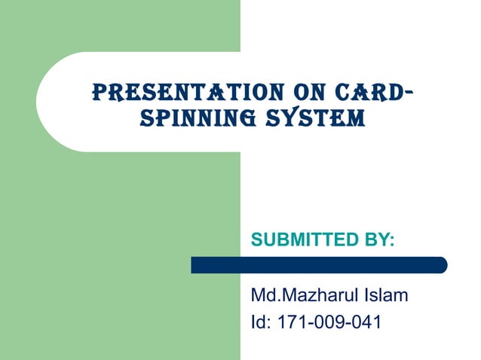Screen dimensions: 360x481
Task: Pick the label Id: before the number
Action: [261, 322]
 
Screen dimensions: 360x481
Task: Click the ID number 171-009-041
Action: [330, 322]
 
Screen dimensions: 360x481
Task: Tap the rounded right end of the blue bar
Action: [442, 265]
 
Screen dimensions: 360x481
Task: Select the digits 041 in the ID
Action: [366, 322]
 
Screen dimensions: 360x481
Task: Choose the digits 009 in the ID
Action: [329, 322]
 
